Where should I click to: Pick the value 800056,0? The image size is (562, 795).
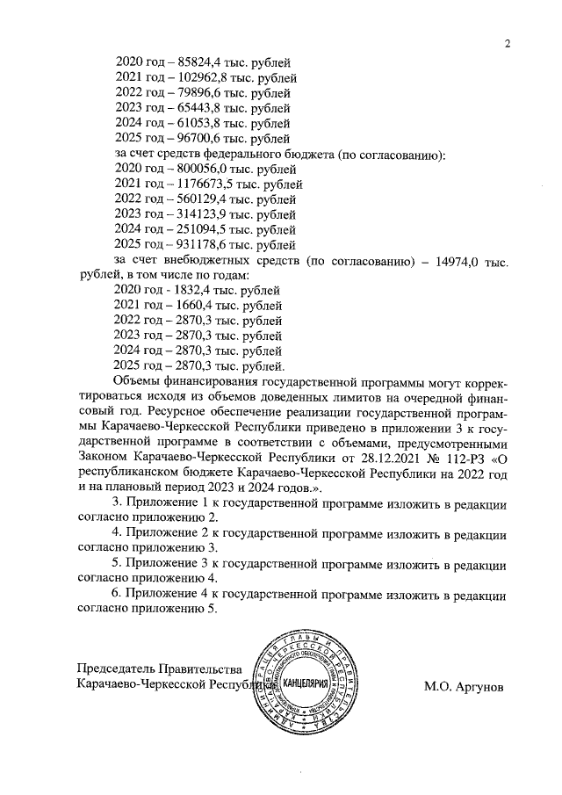click(198, 170)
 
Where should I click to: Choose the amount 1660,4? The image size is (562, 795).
click(186, 306)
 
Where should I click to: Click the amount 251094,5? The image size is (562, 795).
click(198, 230)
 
